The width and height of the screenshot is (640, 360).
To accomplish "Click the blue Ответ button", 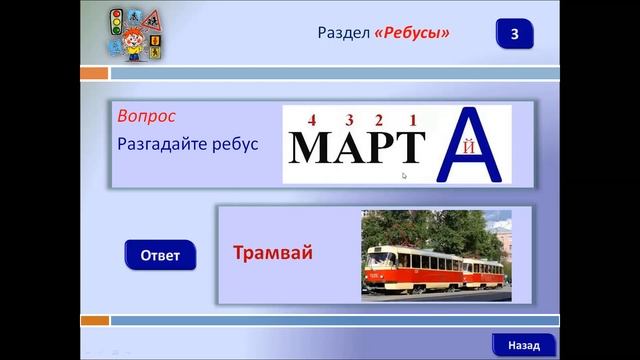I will tap(160, 255).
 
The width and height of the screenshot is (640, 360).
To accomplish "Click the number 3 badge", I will tap(514, 34).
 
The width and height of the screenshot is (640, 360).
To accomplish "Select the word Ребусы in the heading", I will tap(412, 34).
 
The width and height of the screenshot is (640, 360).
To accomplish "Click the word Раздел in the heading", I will tap(343, 34).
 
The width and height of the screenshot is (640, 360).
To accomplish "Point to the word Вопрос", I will tap(146, 116).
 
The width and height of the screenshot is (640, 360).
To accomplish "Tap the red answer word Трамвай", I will tap(273, 253).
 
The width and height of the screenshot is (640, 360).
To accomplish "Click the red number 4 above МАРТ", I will tap(312, 120).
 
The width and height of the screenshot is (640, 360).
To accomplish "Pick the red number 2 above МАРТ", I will tap(381, 120).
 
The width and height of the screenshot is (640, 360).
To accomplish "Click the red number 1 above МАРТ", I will tap(413, 120).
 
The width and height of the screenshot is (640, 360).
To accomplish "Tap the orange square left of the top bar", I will tap(94, 73).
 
